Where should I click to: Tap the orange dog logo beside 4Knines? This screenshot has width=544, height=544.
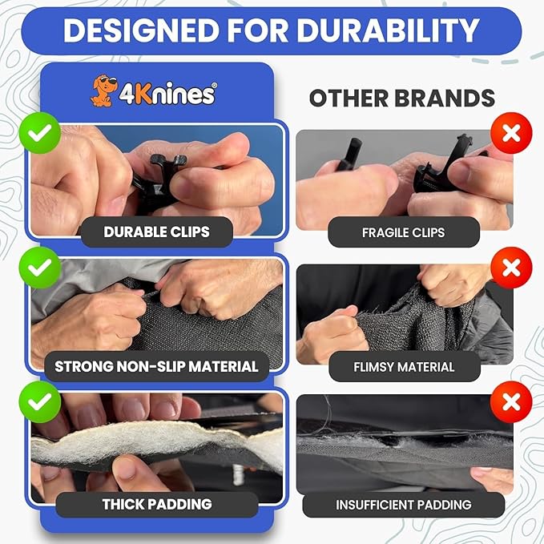pyautogui.click(x=101, y=91)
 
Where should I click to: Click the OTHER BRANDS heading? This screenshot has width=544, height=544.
pyautogui.click(x=402, y=98)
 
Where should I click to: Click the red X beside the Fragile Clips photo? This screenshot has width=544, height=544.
pyautogui.click(x=512, y=133)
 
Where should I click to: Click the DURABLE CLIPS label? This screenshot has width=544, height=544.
pyautogui.click(x=156, y=232)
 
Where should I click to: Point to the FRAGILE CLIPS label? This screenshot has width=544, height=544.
pyautogui.click(x=403, y=232)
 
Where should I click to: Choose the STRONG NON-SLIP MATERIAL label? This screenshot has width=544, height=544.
pyautogui.click(x=156, y=367)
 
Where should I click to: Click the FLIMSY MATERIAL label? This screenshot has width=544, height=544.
pyautogui.click(x=403, y=367)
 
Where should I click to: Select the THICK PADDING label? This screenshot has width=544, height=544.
pyautogui.click(x=156, y=504)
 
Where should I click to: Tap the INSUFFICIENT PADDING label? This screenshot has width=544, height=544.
pyautogui.click(x=403, y=505)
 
